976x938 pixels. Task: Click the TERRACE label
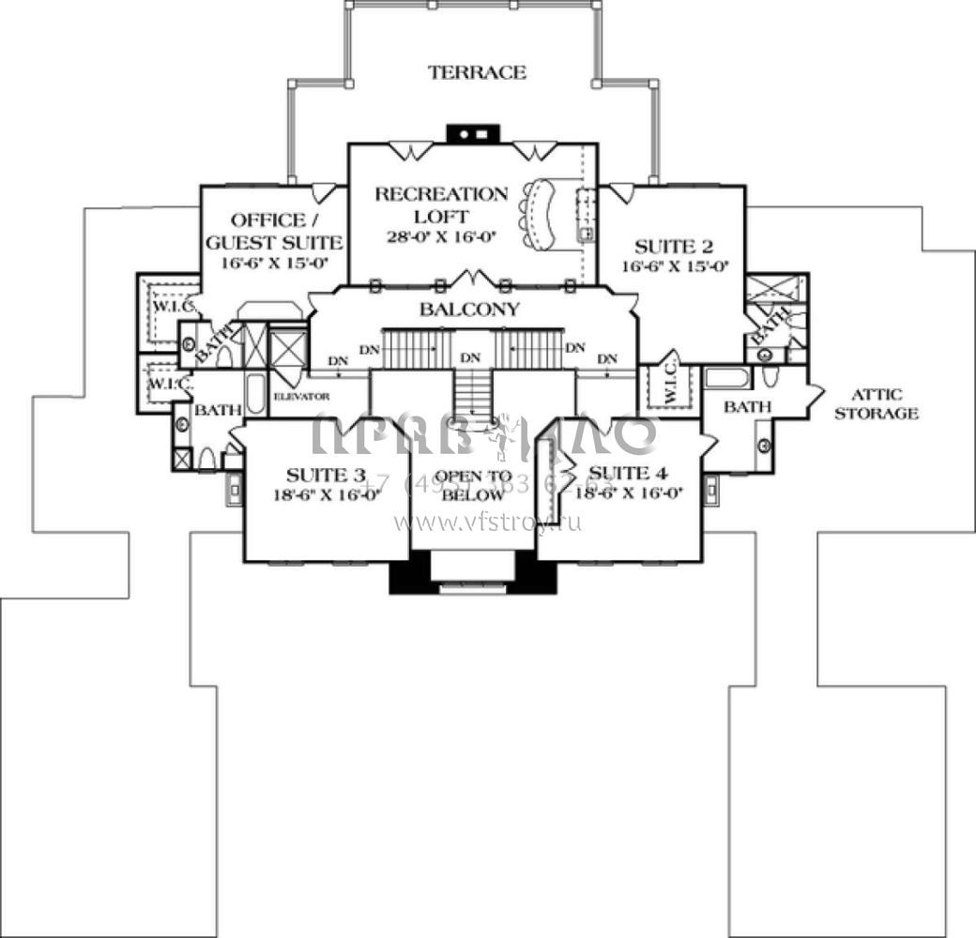point(477,72)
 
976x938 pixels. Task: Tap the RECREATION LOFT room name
point(441,205)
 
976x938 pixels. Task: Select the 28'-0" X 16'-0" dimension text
point(441,237)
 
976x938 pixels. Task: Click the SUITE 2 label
point(674,247)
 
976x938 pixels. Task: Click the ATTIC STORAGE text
point(877,403)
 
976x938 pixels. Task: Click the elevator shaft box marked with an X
point(288,348)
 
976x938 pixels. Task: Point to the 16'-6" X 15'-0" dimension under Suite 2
point(673,266)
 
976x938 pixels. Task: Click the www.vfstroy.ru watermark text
point(487,522)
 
